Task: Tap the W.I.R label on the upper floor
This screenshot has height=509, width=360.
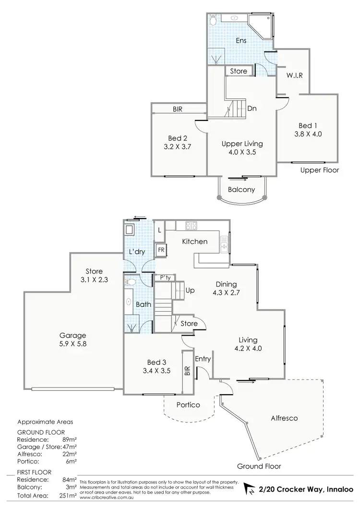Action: pyautogui.click(x=294, y=75)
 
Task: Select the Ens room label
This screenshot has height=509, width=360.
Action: pyautogui.click(x=241, y=41)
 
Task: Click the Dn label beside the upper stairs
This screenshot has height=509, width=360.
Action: pyautogui.click(x=252, y=109)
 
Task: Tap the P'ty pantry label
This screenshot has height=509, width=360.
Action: pyautogui.click(x=159, y=278)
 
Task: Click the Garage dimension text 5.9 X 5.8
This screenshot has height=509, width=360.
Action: pyautogui.click(x=72, y=344)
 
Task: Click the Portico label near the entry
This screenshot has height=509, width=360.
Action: pyautogui.click(x=188, y=405)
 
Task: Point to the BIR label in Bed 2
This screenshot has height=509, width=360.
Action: pyautogui.click(x=177, y=109)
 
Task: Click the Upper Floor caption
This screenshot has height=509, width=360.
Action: pyautogui.click(x=320, y=170)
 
